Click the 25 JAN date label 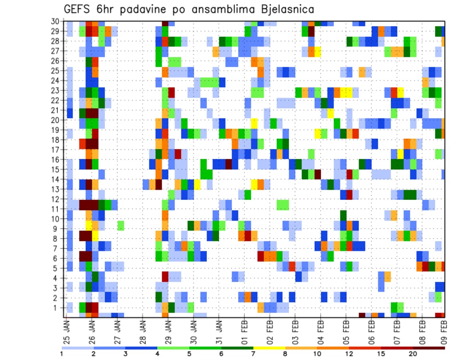click(66, 330)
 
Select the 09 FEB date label click(444, 330)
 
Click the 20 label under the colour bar click(413, 354)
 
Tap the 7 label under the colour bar click(253, 354)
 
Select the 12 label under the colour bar click(349, 354)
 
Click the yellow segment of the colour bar click(269, 348)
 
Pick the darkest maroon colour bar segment click(429, 348)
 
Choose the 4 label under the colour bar click(157, 354)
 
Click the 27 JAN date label click(116, 330)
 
